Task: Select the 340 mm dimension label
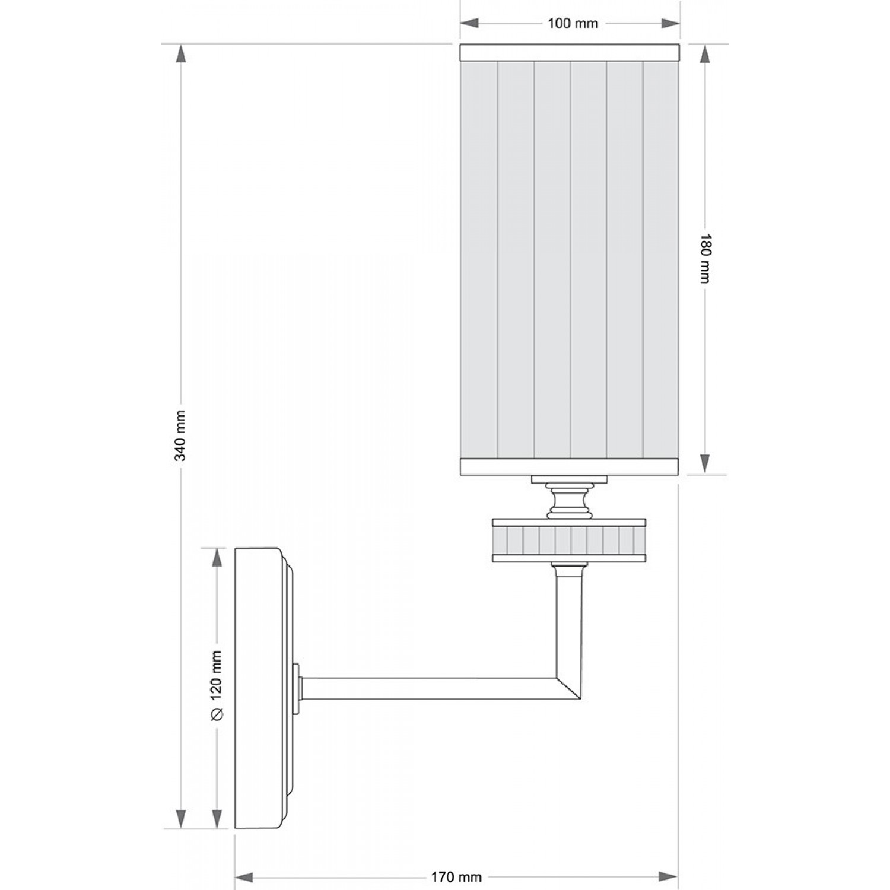pos(182,436)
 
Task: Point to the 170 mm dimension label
pos(456,877)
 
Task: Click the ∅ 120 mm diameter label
pos(216,685)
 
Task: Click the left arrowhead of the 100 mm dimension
pos(470,23)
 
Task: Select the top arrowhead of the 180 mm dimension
pos(705,55)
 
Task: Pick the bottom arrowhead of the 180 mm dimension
pos(705,463)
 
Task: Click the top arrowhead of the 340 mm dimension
pos(182,55)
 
